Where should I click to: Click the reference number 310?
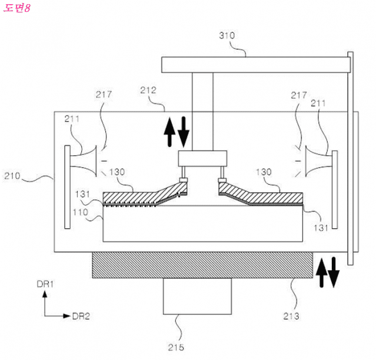(227, 35)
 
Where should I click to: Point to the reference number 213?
(290, 316)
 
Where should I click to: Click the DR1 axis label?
(45, 285)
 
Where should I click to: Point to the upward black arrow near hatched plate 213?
(321, 271)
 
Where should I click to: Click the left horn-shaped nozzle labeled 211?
(83, 161)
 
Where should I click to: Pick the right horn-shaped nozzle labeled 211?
(318, 161)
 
